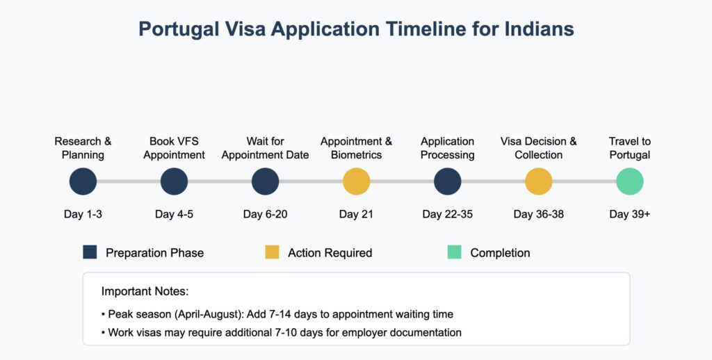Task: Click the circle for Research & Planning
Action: coord(83,181)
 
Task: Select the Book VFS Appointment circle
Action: coord(174,181)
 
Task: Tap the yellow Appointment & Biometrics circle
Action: coord(357,181)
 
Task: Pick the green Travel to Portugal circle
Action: coord(630,181)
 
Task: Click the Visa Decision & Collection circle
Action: coord(539,181)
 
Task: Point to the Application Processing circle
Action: coord(447,181)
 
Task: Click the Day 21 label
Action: coord(356,214)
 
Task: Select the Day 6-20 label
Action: coord(265,214)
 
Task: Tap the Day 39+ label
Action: coord(630,214)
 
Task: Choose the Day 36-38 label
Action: coord(539,214)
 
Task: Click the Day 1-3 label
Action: coord(83,214)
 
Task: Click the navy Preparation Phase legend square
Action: coord(90,252)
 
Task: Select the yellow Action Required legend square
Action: coord(272,252)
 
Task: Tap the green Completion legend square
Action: coord(454,252)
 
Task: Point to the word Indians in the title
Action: coord(539,29)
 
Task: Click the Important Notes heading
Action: coord(145,291)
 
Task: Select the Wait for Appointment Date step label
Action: coord(265,148)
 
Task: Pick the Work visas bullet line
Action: coord(282,333)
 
